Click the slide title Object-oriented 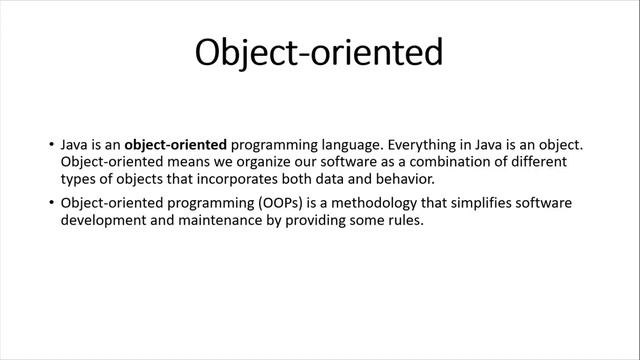click(x=318, y=53)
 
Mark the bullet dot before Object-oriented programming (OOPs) click(x=51, y=204)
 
